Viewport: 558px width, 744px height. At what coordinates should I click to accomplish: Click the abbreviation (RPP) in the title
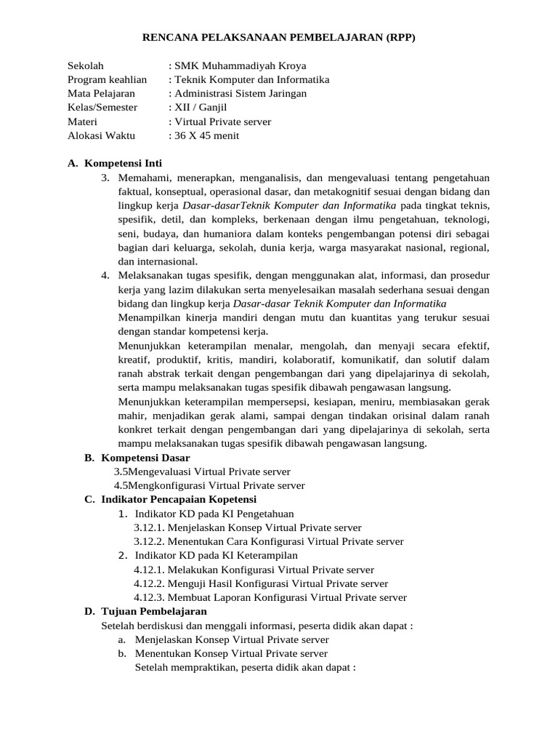[398, 38]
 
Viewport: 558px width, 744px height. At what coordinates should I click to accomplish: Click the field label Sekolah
[86, 65]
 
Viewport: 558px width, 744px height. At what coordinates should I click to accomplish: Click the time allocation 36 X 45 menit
[206, 135]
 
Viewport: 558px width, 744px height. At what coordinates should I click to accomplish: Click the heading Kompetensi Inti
[132, 163]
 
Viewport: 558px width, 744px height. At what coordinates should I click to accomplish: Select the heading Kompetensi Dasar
[145, 458]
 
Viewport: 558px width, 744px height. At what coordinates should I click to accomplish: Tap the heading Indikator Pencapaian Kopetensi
[178, 500]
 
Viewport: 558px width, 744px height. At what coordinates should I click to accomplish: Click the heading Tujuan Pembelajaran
[154, 612]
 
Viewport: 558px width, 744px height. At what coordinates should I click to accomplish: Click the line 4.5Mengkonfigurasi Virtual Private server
[210, 485]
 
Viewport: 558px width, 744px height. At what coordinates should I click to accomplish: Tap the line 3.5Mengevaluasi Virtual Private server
[203, 472]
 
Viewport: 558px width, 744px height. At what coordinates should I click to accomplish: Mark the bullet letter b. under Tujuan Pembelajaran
[121, 653]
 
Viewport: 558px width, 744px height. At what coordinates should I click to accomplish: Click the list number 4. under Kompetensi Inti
[105, 275]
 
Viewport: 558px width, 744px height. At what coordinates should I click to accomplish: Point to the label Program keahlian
[107, 79]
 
